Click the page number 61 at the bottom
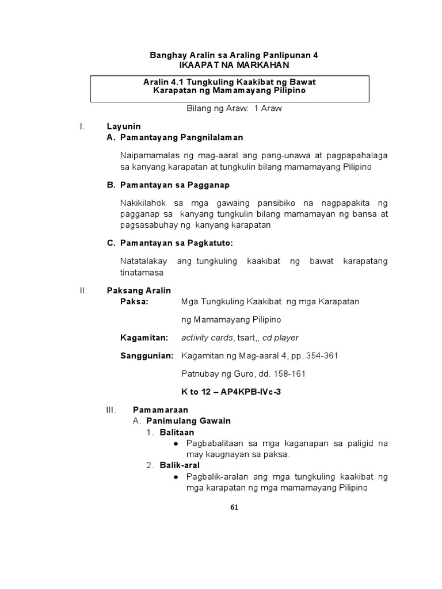click(x=234, y=507)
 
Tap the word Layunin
click(x=124, y=126)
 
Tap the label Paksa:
click(x=134, y=301)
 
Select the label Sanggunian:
click(x=147, y=355)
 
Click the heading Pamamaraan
click(x=161, y=410)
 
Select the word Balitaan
click(x=177, y=432)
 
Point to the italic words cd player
click(x=281, y=338)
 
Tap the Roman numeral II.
click(x=83, y=290)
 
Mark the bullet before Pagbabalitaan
click(x=176, y=443)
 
